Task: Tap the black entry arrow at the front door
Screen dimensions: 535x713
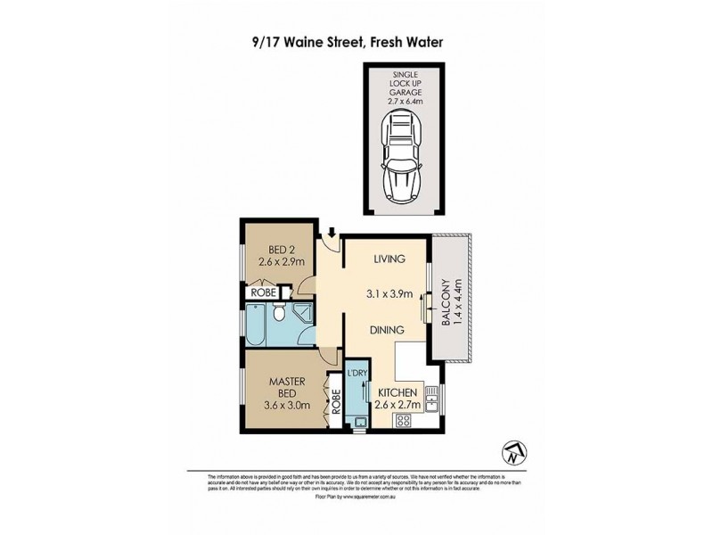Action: coord(332,234)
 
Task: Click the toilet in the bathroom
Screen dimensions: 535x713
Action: coord(278,312)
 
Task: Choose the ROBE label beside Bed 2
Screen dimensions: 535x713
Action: coord(262,292)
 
